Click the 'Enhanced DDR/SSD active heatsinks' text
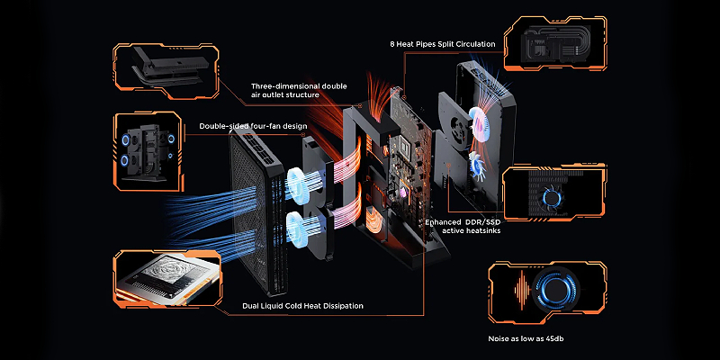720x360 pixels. pyautogui.click(x=463, y=226)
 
